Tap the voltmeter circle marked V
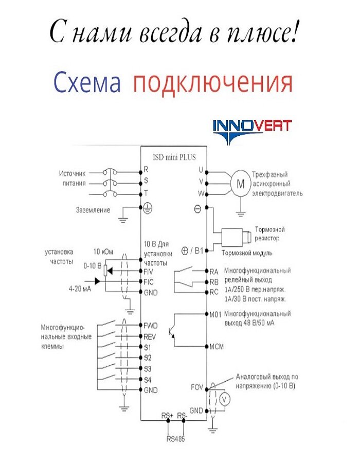[x=223, y=399]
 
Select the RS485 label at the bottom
[x=175, y=439]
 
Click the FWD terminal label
[x=151, y=325]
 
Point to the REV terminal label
[x=150, y=336]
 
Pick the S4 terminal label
[x=148, y=380]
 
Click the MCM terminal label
[x=217, y=346]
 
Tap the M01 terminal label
[x=215, y=314]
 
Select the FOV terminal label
[x=197, y=386]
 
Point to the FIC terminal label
[x=149, y=281]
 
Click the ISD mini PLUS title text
[x=174, y=158]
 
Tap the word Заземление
[x=93, y=210]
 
